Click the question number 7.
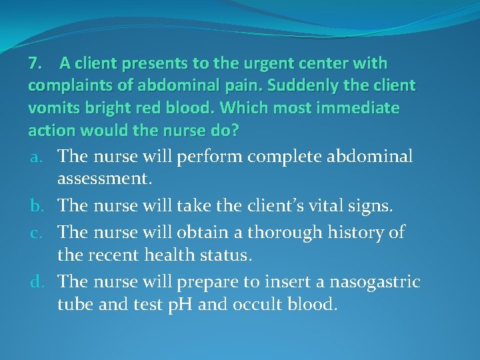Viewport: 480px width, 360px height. tap(35, 64)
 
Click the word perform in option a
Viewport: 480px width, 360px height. tap(213, 157)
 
